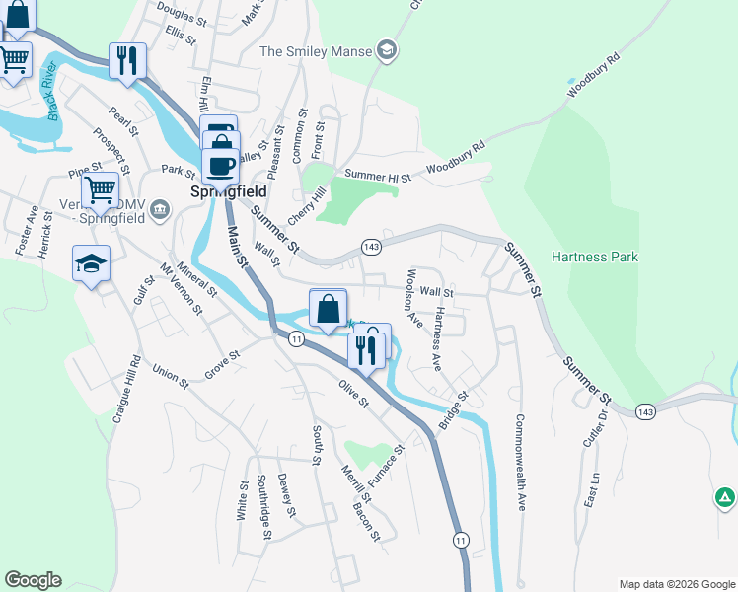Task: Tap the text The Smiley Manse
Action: point(315,51)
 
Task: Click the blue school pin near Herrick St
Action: point(91,263)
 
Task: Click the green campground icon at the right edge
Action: point(724,498)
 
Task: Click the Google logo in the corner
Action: point(33,580)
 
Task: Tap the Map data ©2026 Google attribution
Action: point(676,583)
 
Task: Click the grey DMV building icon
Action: point(162,208)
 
